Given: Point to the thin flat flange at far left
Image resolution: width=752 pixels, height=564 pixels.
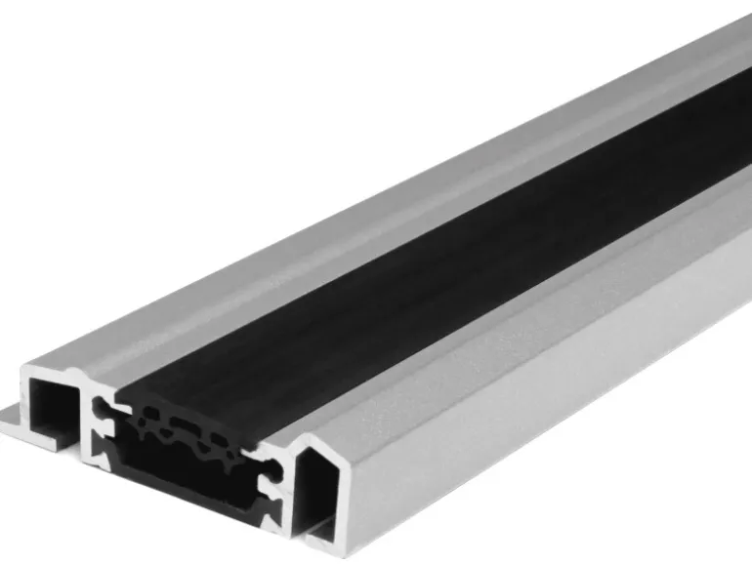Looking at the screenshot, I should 12,419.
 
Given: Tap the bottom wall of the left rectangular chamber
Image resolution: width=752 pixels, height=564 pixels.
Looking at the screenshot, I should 49,440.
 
